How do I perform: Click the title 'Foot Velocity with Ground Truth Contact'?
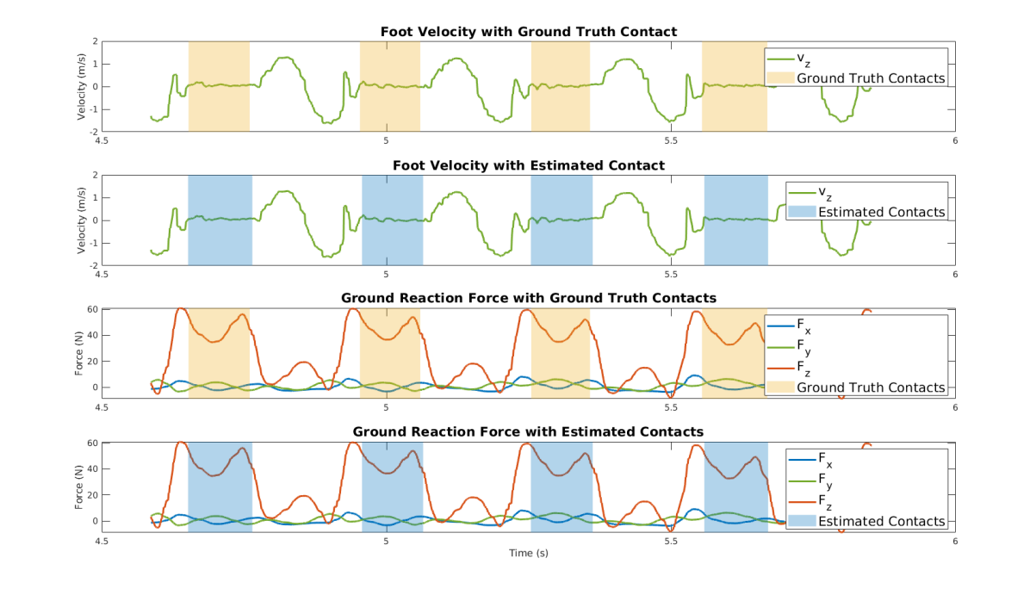(528, 32)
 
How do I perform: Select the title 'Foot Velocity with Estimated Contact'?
(528, 165)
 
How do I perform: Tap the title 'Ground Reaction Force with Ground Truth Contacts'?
(528, 298)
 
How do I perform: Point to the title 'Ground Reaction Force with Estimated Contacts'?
(528, 431)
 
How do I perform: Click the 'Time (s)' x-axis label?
(528, 553)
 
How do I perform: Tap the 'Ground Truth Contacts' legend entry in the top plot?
(871, 78)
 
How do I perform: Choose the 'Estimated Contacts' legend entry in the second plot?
(881, 212)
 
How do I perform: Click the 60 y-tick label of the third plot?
(91, 309)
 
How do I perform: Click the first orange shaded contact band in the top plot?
(219, 86)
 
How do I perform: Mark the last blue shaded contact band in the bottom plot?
(735, 486)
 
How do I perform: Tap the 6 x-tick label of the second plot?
(954, 275)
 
